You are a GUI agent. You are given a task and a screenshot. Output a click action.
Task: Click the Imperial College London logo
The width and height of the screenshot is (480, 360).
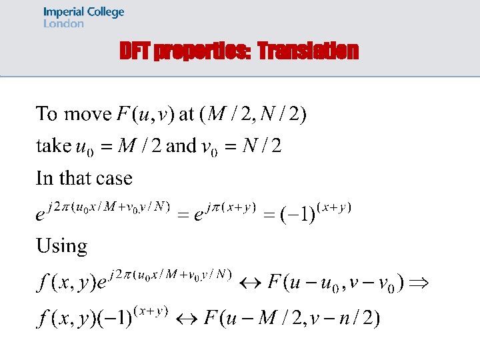(x=83, y=17)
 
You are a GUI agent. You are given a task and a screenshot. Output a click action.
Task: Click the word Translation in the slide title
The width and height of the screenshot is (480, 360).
(x=308, y=51)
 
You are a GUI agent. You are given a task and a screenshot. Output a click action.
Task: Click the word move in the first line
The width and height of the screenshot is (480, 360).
(x=87, y=114)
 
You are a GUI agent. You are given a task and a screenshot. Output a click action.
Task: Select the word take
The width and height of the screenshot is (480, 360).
(x=53, y=145)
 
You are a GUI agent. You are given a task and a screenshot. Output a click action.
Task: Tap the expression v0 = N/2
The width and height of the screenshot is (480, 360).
(x=241, y=146)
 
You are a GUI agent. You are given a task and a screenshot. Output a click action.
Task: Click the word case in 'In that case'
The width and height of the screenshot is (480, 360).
(x=114, y=178)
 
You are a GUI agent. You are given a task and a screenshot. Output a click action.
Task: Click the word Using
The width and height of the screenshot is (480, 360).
(x=61, y=246)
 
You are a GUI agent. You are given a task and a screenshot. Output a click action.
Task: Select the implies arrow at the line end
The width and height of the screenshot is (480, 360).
(x=419, y=283)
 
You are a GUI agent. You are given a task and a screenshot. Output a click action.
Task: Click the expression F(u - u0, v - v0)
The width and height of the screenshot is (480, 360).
(x=335, y=283)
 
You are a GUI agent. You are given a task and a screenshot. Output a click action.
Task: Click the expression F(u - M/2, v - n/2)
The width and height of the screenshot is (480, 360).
(x=292, y=319)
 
